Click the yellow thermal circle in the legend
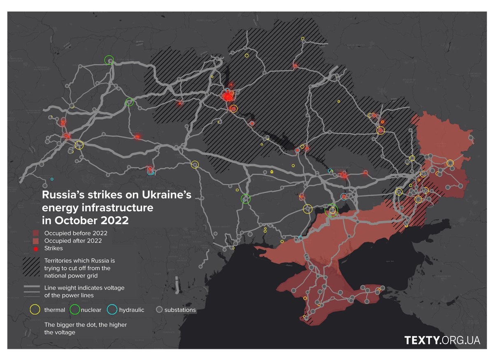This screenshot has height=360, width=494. [x=35, y=309]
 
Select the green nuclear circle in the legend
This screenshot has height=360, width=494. [x=75, y=309]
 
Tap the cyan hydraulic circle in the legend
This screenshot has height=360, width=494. [x=112, y=309]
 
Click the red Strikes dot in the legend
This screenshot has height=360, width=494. [x=36, y=248]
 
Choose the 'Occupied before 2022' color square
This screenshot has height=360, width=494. [x=36, y=233]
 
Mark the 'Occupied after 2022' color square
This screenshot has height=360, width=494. [x=36, y=241]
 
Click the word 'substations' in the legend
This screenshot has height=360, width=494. [x=180, y=310]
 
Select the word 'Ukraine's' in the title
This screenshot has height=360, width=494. [x=167, y=194]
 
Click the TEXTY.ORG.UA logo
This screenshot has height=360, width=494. [x=442, y=340]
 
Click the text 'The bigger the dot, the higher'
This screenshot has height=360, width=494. [x=86, y=325]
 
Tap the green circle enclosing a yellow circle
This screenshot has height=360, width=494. [x=331, y=211]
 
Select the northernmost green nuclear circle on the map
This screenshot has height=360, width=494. [x=109, y=60]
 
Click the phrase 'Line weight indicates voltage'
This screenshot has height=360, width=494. [x=84, y=288]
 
